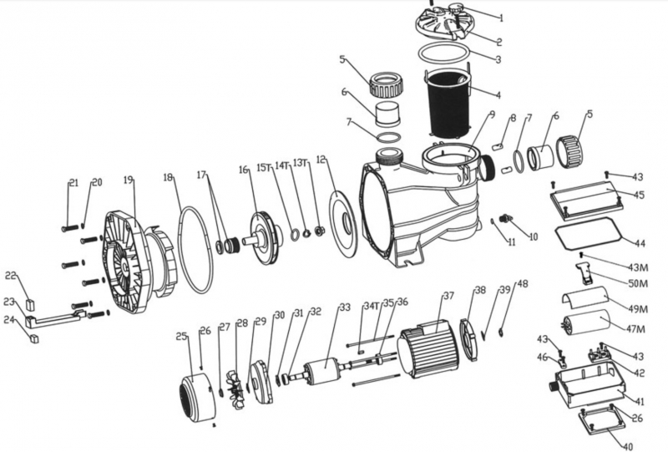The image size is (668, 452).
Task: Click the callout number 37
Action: coord(448,297)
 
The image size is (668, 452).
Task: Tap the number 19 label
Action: coord(128,179)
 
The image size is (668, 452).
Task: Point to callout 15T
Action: coord(265,168)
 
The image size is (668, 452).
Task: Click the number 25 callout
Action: coord(180,337)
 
